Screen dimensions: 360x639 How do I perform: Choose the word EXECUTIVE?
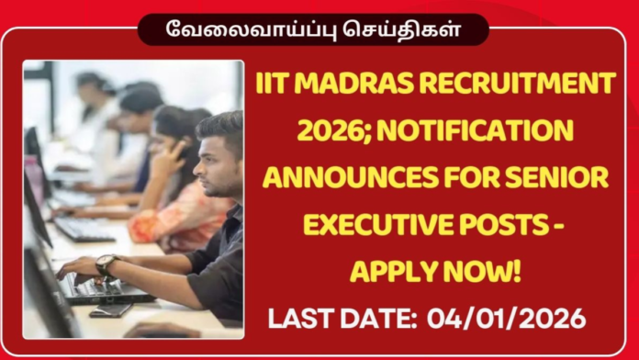click(373, 225)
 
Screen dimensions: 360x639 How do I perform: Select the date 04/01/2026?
click(508, 321)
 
